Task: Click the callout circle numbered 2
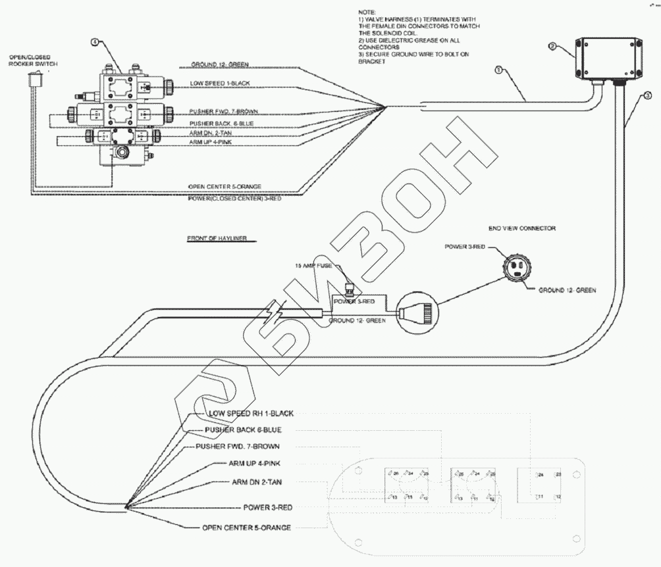(x=553, y=47)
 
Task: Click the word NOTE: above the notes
(x=367, y=12)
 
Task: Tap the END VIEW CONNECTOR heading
(x=522, y=228)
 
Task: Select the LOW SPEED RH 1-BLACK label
(x=251, y=414)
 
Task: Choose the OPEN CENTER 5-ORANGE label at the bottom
(x=246, y=528)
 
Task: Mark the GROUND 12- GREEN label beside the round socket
(x=567, y=289)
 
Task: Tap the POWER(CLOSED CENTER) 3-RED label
(x=234, y=197)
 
